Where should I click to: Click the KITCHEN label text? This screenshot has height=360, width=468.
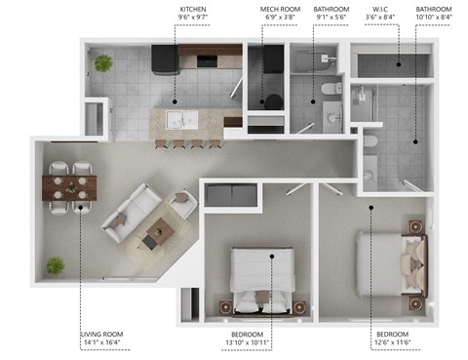[191, 9]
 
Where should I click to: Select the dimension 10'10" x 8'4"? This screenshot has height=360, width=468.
[434, 18]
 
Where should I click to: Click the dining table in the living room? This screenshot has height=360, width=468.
[70, 186]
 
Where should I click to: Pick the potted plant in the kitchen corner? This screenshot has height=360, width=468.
[103, 63]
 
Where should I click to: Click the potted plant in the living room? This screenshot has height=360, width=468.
[57, 265]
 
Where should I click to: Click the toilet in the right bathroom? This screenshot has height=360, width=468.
[370, 145]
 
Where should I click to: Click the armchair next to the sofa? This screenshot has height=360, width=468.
[182, 204]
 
